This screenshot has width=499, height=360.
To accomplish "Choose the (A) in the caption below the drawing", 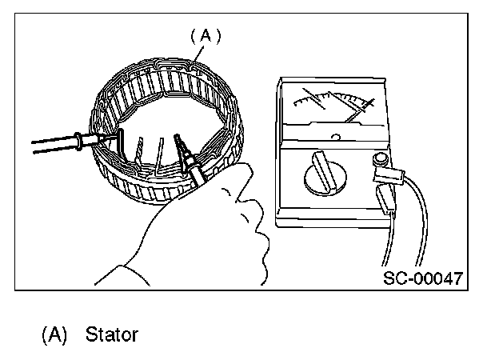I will tap(52, 334).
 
